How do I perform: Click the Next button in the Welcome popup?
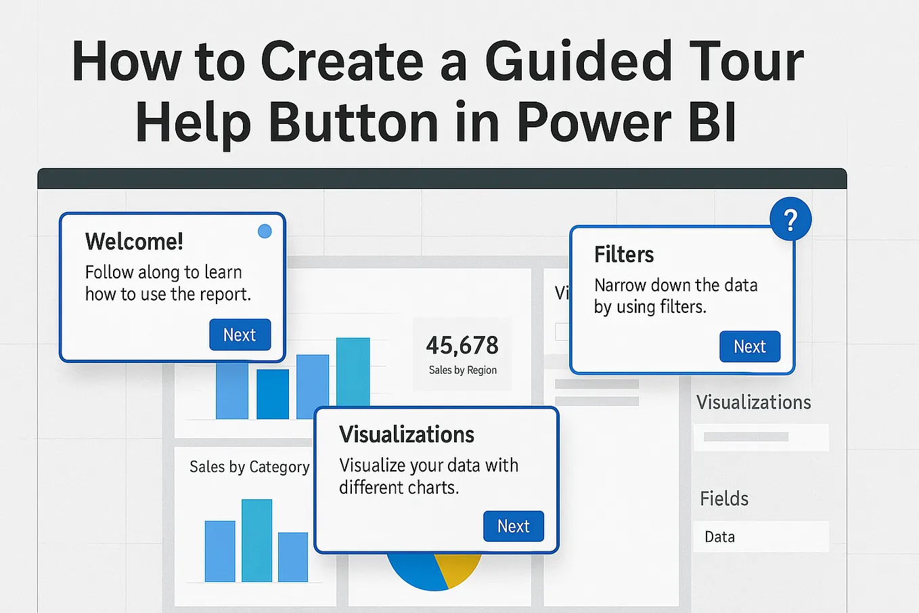tap(240, 335)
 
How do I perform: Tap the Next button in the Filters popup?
tap(749, 346)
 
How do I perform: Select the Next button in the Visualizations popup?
tap(513, 526)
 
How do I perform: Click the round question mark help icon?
tap(790, 219)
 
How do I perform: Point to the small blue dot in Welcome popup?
tap(265, 231)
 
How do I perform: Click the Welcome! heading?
tap(134, 241)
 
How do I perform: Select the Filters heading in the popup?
tap(623, 255)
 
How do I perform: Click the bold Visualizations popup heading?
tap(406, 434)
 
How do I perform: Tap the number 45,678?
tap(462, 345)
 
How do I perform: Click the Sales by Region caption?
tap(462, 370)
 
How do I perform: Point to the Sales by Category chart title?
tap(249, 467)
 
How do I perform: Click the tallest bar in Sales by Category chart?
tap(256, 540)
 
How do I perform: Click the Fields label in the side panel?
tap(723, 499)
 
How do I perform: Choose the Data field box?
tap(761, 536)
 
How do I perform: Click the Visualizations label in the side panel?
tap(753, 402)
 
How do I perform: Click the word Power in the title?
tap(593, 123)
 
